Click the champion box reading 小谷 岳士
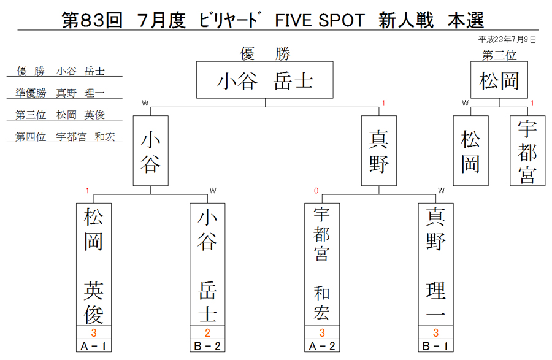(x=265, y=80)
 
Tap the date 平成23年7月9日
(x=507, y=39)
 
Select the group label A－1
(x=94, y=346)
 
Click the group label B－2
(x=207, y=346)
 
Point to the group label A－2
(x=322, y=346)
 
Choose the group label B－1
(x=436, y=346)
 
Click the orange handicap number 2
(x=207, y=332)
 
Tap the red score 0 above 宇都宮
(x=316, y=191)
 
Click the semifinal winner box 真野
(x=379, y=151)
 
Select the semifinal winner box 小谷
(x=151, y=151)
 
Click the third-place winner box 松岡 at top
(x=499, y=80)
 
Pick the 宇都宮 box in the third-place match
(x=527, y=151)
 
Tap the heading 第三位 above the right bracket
(x=499, y=55)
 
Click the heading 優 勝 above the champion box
(x=265, y=54)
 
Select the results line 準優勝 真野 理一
(x=60, y=93)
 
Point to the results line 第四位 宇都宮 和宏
(x=65, y=137)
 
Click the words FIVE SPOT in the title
(x=320, y=20)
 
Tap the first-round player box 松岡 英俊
(x=94, y=264)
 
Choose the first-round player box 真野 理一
(x=436, y=264)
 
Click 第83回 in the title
(x=92, y=20)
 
